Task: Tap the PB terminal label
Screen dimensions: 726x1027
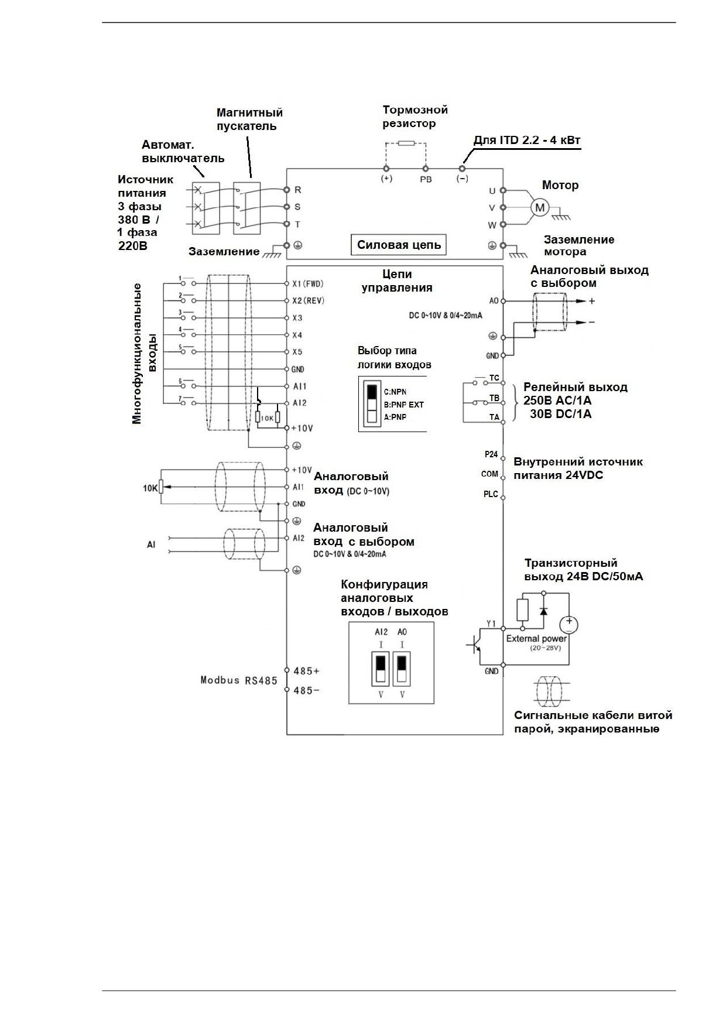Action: [x=426, y=179]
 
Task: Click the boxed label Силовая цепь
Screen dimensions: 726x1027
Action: [x=399, y=245]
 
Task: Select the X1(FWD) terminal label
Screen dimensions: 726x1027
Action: [x=308, y=284]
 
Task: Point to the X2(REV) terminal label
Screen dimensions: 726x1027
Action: [x=308, y=301]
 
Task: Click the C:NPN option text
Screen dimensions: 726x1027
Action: [x=395, y=392]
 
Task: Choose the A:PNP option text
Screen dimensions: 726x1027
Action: [x=395, y=417]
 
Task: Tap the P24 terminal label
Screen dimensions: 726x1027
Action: [x=491, y=454]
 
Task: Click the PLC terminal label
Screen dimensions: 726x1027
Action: [x=491, y=494]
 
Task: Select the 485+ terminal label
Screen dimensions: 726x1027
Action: [x=306, y=670]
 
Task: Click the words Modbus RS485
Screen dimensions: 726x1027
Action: [x=239, y=680]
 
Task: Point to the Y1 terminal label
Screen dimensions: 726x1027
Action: [x=491, y=624]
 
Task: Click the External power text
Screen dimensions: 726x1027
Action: [x=536, y=639]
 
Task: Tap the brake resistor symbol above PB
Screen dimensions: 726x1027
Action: [x=406, y=143]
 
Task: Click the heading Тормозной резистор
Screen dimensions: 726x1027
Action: [x=415, y=117]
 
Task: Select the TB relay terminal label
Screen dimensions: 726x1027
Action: [x=494, y=398]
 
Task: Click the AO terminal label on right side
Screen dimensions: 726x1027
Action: [x=494, y=301]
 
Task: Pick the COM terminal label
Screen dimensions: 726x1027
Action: [x=489, y=474]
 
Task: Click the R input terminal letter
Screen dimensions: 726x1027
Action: [x=297, y=190]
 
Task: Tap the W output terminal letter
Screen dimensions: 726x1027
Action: [x=492, y=225]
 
